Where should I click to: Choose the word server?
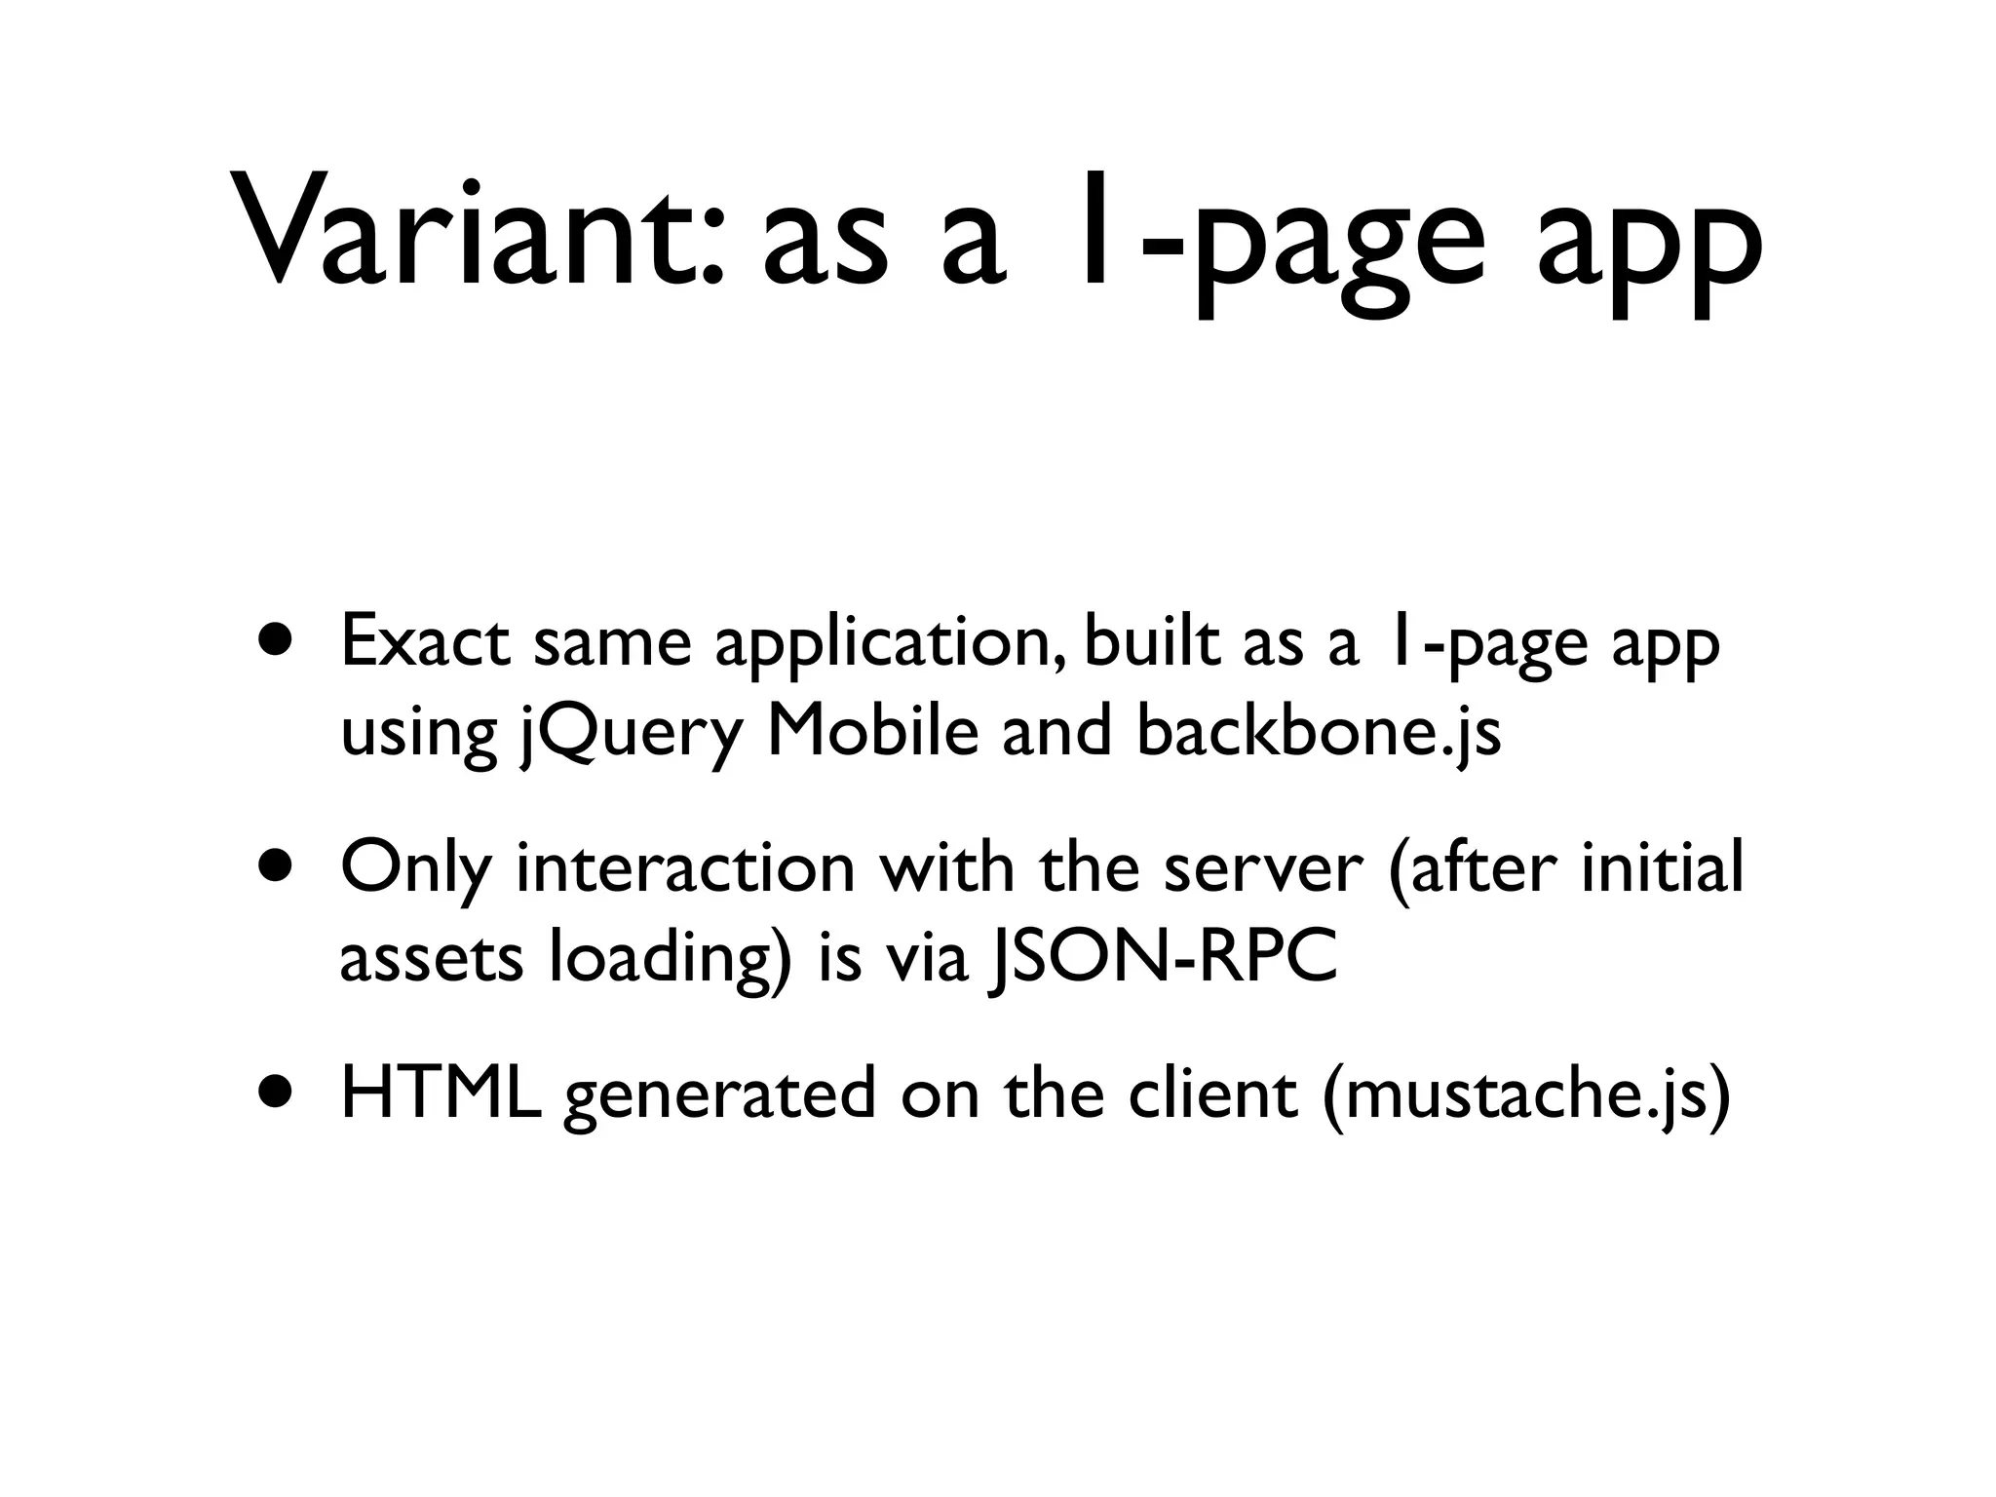pyautogui.click(x=1262, y=867)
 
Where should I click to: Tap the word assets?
pyautogui.click(x=431, y=958)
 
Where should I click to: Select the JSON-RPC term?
pyautogui.click(x=1163, y=958)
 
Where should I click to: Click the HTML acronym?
pyautogui.click(x=441, y=1092)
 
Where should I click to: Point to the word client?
pyautogui.click(x=1212, y=1092)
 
